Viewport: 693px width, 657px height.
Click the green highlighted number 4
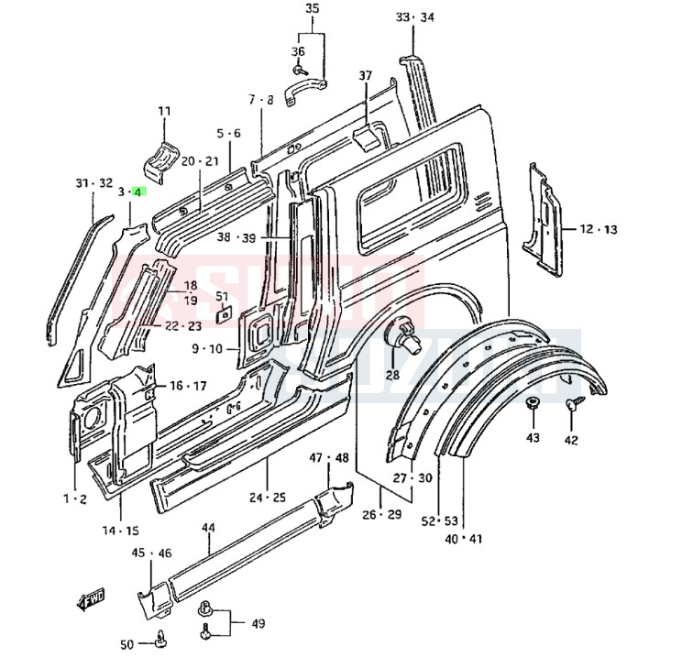(x=137, y=192)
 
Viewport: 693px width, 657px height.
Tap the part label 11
(x=164, y=112)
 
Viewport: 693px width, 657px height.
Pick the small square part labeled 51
(x=223, y=314)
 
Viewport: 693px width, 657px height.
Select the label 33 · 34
(x=415, y=17)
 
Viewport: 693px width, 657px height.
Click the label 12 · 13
(x=598, y=229)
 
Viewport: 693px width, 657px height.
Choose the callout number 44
(x=208, y=529)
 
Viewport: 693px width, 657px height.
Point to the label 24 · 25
(x=267, y=498)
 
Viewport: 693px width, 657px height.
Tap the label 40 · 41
(x=463, y=539)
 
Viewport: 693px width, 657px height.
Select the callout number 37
(x=366, y=75)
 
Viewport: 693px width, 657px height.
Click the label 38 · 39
(x=236, y=236)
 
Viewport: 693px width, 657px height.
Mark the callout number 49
(x=258, y=624)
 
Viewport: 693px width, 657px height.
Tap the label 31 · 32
(x=93, y=183)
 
